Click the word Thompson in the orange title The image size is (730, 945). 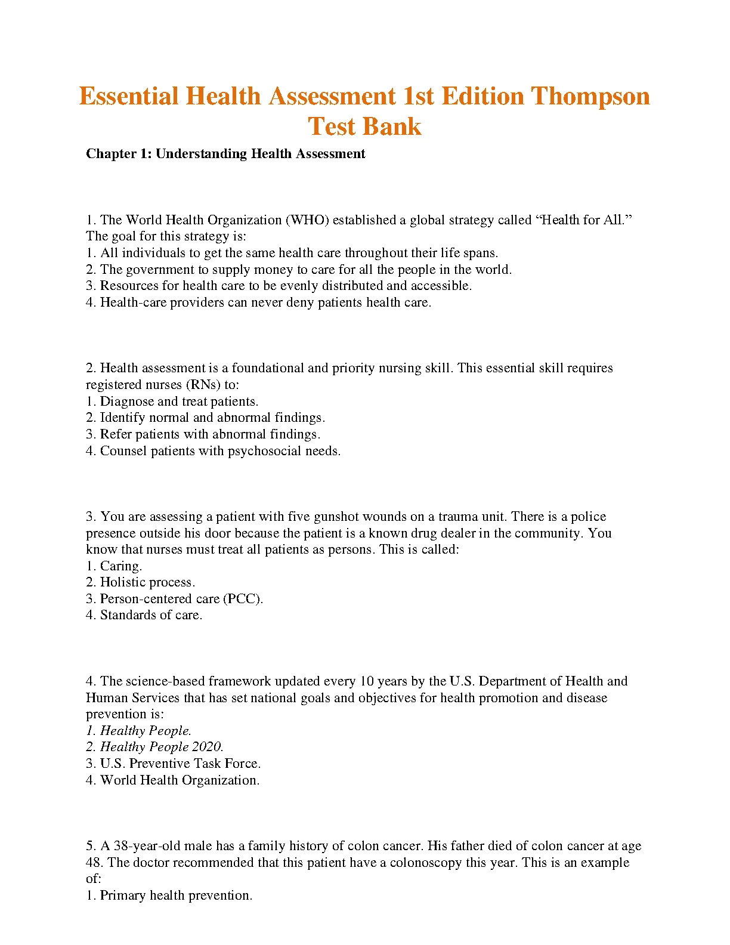tap(590, 97)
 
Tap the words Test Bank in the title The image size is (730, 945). tap(364, 126)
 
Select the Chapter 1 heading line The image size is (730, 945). tap(225, 154)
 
